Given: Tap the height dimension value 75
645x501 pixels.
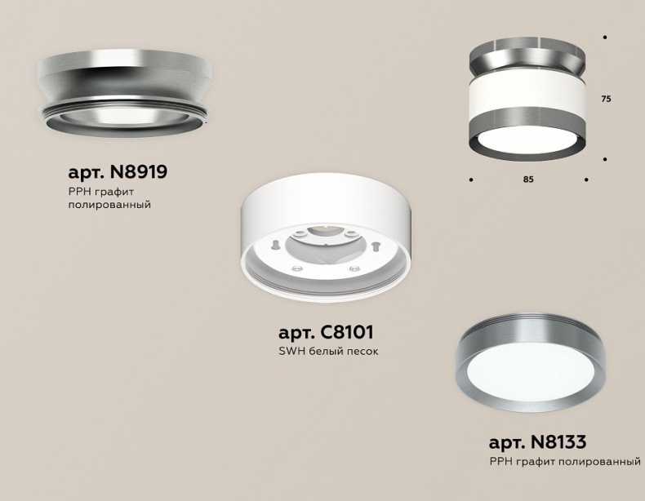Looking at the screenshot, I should (x=606, y=99).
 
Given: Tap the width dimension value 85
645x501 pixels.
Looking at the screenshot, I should (x=528, y=180).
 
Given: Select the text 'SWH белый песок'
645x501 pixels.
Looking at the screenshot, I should (x=328, y=352).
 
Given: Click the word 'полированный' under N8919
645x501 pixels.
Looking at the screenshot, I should (x=109, y=205).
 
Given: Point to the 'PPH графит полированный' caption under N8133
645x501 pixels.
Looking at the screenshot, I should (x=565, y=462).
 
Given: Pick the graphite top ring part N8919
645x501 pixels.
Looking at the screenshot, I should (x=124, y=90).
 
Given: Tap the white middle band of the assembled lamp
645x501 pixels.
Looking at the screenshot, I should (x=527, y=103).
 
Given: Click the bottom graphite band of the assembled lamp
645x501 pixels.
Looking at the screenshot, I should (x=527, y=136).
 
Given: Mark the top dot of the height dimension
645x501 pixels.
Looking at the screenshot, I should (x=604, y=38).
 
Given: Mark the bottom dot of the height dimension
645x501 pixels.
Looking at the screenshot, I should (x=604, y=159).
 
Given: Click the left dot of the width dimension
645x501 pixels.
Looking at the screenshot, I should (x=472, y=179).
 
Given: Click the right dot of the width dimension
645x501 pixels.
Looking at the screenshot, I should (x=586, y=179).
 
